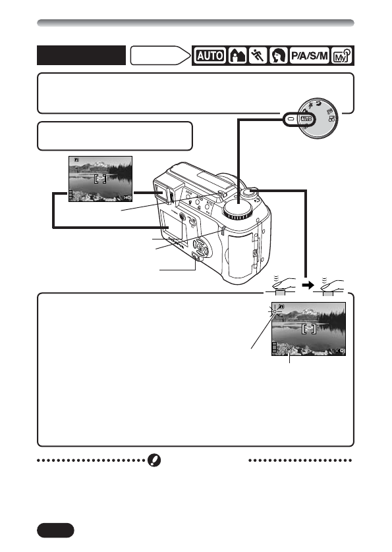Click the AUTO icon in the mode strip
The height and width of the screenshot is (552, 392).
(x=209, y=56)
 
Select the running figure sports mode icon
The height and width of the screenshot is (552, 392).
(x=255, y=56)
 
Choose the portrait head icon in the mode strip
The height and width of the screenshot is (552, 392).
(x=275, y=56)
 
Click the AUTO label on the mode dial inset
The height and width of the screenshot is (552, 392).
(x=305, y=119)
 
